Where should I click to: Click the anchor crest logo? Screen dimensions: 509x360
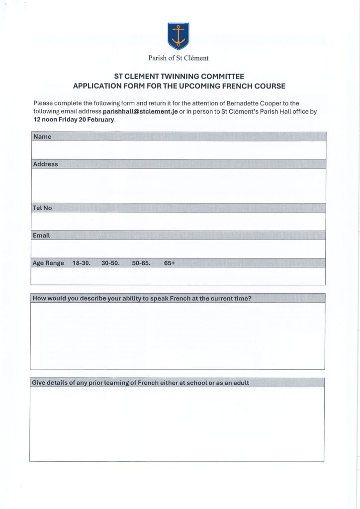click(x=178, y=36)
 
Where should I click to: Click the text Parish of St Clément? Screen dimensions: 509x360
click(x=179, y=58)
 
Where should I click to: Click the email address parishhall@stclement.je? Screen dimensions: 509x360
click(x=140, y=111)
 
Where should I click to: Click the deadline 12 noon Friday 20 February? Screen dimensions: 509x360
click(x=74, y=120)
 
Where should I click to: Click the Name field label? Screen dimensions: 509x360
click(x=42, y=137)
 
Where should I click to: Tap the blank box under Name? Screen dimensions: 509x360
click(x=179, y=150)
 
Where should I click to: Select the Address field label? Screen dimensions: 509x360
click(x=45, y=164)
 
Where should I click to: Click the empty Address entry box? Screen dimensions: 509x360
click(x=179, y=185)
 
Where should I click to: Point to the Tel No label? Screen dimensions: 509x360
click(x=42, y=208)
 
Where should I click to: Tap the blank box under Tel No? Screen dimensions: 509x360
click(x=179, y=221)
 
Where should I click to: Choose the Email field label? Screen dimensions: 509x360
click(x=41, y=235)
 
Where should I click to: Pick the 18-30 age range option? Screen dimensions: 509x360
click(x=82, y=263)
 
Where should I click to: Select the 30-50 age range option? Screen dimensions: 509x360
click(x=110, y=263)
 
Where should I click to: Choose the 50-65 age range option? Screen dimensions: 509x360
click(x=141, y=263)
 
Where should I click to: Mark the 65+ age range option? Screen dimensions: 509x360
click(x=170, y=263)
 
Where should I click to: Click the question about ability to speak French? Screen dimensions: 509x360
click(x=142, y=298)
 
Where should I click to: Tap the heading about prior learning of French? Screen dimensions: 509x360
click(x=141, y=383)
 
